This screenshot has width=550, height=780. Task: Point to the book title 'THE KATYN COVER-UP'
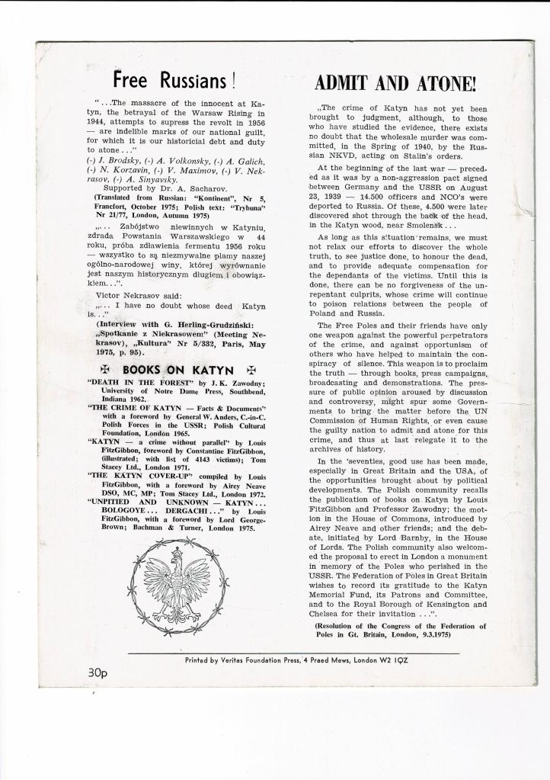(130, 473)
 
